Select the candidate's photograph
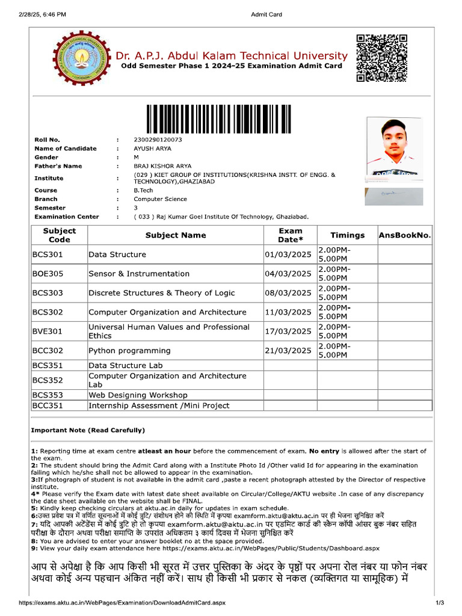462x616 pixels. click(394, 149)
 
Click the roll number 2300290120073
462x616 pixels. click(158, 140)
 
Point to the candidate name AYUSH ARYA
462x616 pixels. click(153, 149)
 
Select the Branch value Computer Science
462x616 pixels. click(160, 199)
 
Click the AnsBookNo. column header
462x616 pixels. click(405, 235)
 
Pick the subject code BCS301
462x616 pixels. click(48, 254)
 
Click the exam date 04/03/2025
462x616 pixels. click(288, 274)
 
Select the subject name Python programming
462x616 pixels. click(125, 350)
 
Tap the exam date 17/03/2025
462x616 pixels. click(288, 331)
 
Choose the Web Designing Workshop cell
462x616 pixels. click(138, 395)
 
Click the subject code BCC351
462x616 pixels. click(48, 405)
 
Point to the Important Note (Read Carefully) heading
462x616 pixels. click(88, 430)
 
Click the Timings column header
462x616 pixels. click(347, 235)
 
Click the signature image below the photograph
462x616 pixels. click(394, 196)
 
